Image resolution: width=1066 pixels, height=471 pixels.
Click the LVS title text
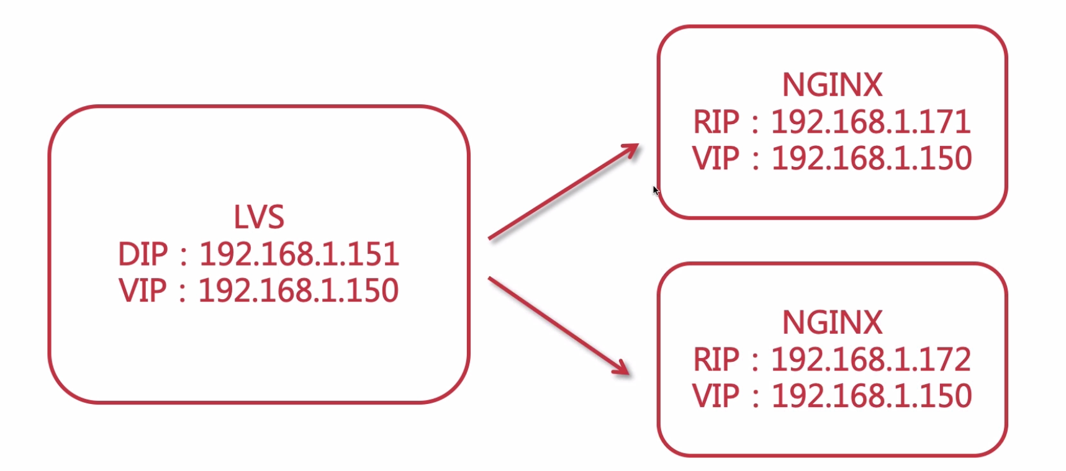coord(258,217)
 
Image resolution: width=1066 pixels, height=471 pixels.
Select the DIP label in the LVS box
coord(143,254)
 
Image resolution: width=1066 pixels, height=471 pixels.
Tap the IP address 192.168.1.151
coord(299,254)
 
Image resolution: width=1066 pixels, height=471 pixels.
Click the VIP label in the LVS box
coord(143,290)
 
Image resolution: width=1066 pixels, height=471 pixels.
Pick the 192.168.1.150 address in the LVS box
coord(298,290)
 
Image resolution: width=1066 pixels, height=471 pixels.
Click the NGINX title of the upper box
coord(832,85)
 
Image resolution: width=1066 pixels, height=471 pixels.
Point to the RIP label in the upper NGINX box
coord(716,122)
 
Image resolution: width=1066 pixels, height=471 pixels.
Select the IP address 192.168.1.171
coord(870,122)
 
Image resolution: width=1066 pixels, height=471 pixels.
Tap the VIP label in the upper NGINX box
coord(716,158)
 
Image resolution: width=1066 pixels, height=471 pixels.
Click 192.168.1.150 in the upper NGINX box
coord(871,158)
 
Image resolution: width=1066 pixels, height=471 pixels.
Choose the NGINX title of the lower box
coord(832,323)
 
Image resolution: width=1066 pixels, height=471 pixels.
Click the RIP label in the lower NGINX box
coord(716,359)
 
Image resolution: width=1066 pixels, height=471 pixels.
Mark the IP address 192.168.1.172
coord(870,359)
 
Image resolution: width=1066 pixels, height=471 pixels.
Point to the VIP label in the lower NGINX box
coord(716,396)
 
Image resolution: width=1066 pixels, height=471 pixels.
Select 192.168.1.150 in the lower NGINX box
coord(871,396)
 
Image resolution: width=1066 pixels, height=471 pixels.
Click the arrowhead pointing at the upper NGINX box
coord(631,150)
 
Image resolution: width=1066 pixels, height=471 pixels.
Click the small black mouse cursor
coord(656,191)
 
